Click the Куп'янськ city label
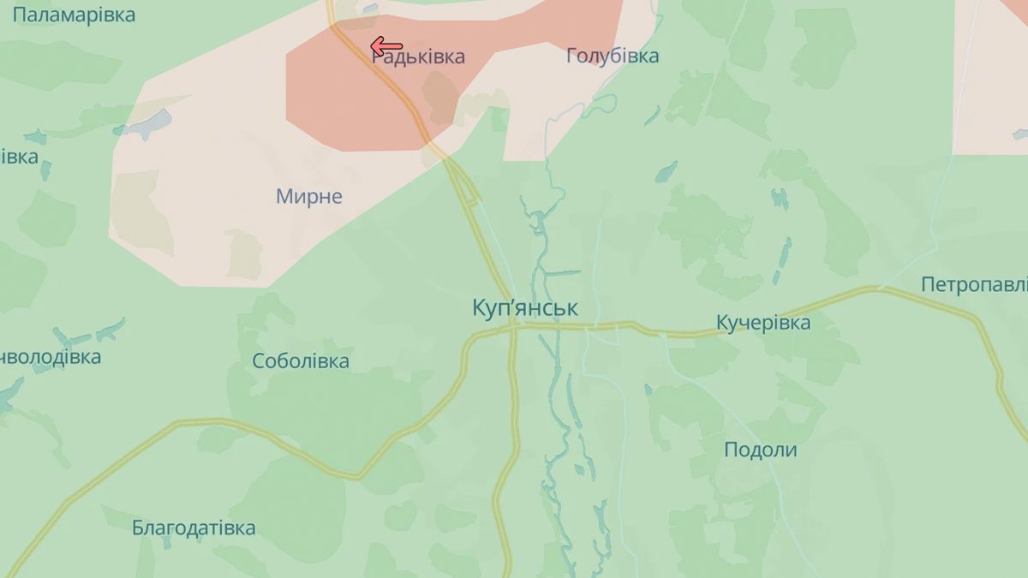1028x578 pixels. pyautogui.click(x=524, y=308)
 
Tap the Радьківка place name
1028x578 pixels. pyautogui.click(x=418, y=57)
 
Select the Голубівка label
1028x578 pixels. pyautogui.click(x=613, y=57)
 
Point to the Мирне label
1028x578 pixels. pyautogui.click(x=308, y=196)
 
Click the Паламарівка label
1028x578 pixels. pyautogui.click(x=74, y=15)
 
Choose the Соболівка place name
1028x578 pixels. pyautogui.click(x=301, y=361)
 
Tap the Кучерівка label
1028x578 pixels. pyautogui.click(x=762, y=323)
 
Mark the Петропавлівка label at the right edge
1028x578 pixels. pyautogui.click(x=975, y=284)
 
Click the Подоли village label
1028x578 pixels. pyautogui.click(x=760, y=450)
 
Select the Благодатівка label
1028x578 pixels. pyautogui.click(x=194, y=527)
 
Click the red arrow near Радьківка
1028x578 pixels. pyautogui.click(x=386, y=46)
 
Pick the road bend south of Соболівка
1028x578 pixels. pyautogui.click(x=360, y=475)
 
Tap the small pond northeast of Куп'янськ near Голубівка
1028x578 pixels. pyautogui.click(x=666, y=172)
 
